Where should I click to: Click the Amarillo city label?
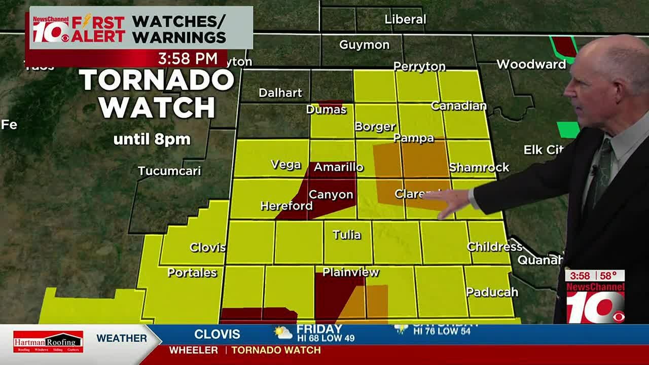[338, 167]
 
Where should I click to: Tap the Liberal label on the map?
[405, 19]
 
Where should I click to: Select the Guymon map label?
[364, 45]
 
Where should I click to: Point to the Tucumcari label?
[169, 171]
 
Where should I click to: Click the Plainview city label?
[350, 272]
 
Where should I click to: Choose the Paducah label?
[492, 292]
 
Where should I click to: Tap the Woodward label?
[531, 64]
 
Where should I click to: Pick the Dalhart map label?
[280, 93]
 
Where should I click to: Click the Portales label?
[192, 273]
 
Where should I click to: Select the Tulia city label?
[347, 235]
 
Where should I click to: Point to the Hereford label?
[286, 206]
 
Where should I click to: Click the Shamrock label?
[479, 167]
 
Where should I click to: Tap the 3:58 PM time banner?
[188, 58]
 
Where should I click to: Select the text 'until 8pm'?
[152, 139]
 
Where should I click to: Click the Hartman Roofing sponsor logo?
[48, 342]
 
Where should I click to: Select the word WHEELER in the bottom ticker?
[193, 350]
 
